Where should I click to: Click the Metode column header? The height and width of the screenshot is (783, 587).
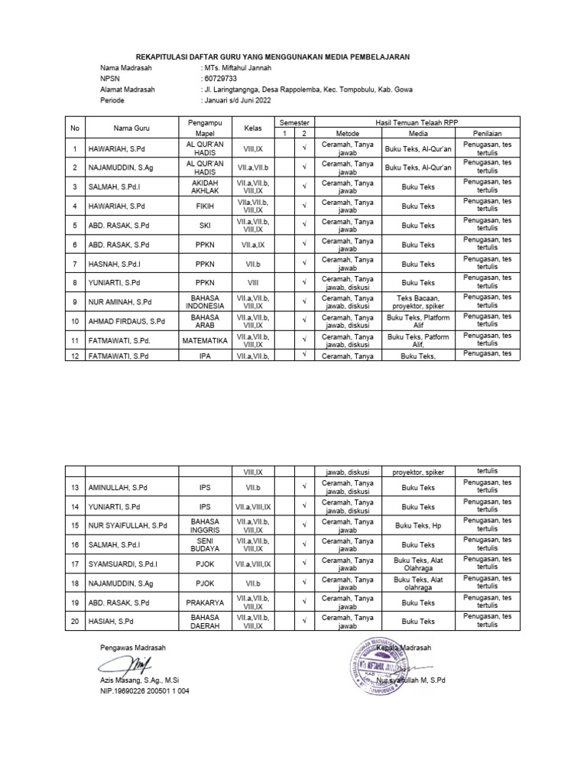(x=337, y=133)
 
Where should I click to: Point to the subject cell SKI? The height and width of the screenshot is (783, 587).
(x=202, y=226)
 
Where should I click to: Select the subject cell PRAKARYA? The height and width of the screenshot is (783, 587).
(x=202, y=603)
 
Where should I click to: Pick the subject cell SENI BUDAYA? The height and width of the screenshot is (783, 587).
(x=202, y=544)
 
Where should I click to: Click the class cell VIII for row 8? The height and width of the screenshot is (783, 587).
(x=253, y=283)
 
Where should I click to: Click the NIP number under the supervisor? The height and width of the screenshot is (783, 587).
(x=144, y=690)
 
